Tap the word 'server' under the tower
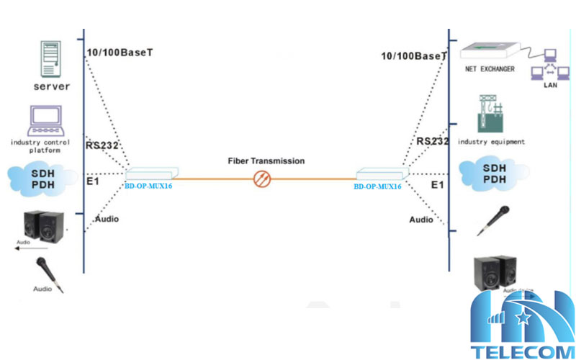(x=51, y=86)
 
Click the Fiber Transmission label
(x=266, y=161)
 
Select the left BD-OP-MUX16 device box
(x=150, y=174)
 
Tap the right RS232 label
(x=432, y=141)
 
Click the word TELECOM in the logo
(x=517, y=351)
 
